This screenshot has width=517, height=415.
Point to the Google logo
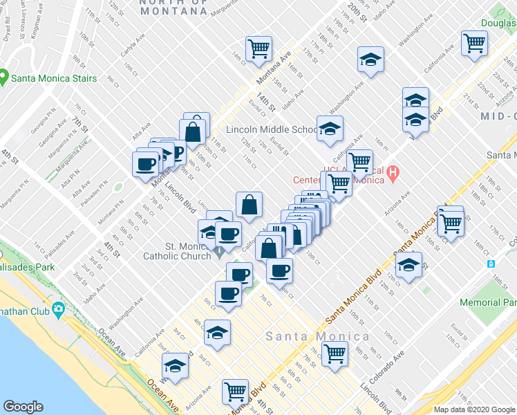(x=23, y=407)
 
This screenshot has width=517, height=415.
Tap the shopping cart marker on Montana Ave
(x=258, y=48)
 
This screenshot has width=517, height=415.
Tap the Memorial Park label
(x=488, y=302)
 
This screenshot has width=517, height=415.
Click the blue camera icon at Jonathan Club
(x=59, y=308)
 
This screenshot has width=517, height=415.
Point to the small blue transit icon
(x=491, y=264)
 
